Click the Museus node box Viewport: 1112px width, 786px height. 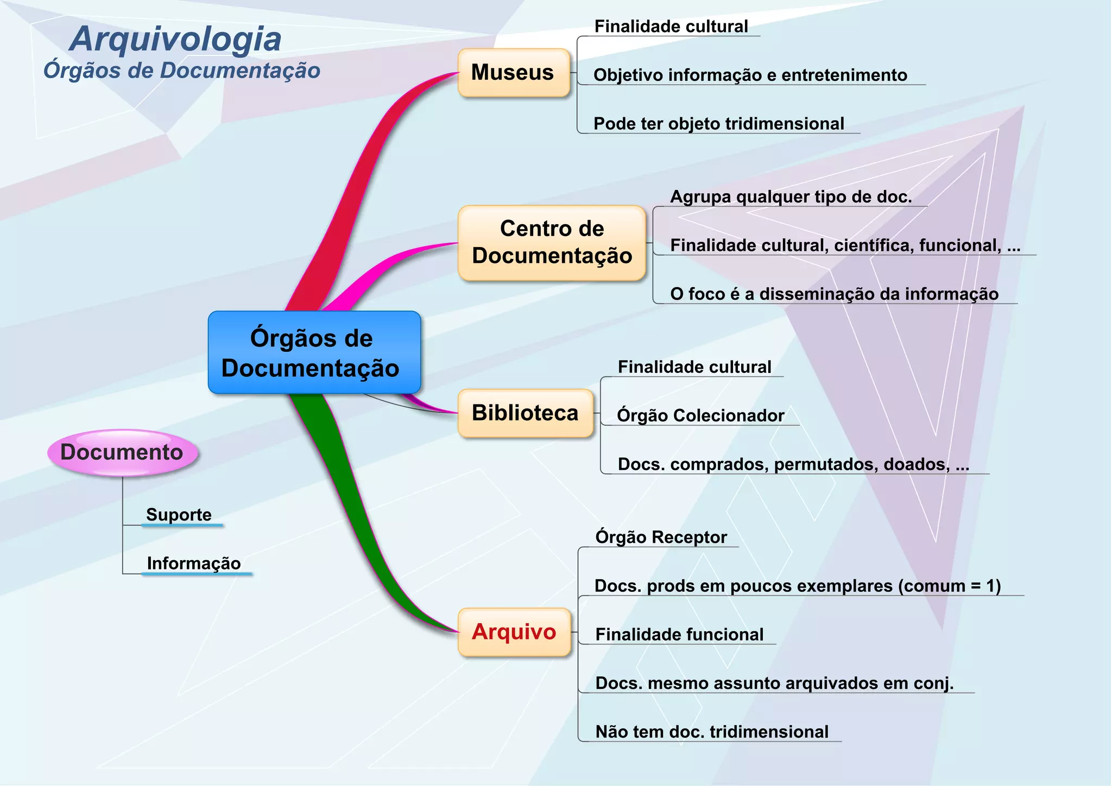(x=513, y=73)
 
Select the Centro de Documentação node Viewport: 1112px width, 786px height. (x=552, y=243)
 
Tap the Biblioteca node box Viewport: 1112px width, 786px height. (x=525, y=413)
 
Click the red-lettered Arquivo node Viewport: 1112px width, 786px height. (x=514, y=632)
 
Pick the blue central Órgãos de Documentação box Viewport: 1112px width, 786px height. (x=314, y=352)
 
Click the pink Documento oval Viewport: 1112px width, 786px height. (x=122, y=452)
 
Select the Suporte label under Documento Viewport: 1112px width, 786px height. (x=179, y=515)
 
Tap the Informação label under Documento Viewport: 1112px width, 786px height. (x=194, y=563)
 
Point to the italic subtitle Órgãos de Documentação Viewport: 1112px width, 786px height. (x=182, y=71)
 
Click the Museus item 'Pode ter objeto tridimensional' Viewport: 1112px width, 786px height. (x=718, y=124)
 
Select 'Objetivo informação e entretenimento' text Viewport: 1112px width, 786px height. (x=750, y=75)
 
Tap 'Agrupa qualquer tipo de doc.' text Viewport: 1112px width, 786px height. (x=791, y=196)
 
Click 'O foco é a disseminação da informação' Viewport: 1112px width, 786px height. (x=834, y=294)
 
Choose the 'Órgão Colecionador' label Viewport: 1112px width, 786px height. (x=700, y=416)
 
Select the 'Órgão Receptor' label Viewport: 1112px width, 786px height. (x=661, y=537)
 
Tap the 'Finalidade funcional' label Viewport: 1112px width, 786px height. (x=679, y=635)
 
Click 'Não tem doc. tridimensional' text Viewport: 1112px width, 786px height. (x=711, y=732)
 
